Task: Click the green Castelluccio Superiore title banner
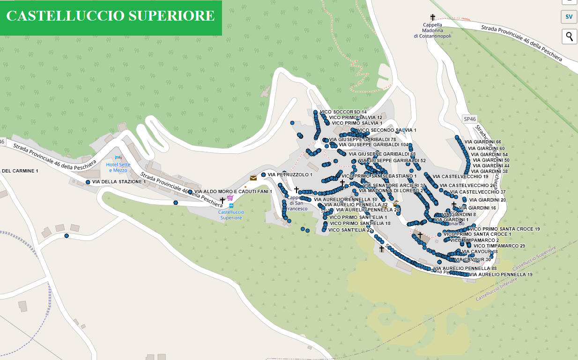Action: tap(111, 17)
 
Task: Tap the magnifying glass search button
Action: tap(569, 36)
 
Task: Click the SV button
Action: tap(569, 17)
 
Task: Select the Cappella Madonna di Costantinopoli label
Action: tap(432, 30)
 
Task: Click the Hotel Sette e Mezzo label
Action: tap(118, 167)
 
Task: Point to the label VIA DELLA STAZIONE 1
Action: tap(119, 182)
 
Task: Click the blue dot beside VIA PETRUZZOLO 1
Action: tap(264, 175)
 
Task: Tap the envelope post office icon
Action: tap(253, 178)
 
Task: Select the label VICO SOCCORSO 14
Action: tap(343, 112)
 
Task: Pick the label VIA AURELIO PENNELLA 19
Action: tap(501, 274)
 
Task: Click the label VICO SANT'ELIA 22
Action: tap(350, 230)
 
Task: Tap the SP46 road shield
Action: tap(469, 119)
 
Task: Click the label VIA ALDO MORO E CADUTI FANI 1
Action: tap(233, 192)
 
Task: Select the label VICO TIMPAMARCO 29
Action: tap(499, 246)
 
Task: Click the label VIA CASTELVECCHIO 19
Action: tap(460, 177)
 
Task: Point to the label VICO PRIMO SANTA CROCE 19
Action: tap(504, 229)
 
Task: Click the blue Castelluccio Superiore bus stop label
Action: tap(231, 215)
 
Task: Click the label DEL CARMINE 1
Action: tap(20, 171)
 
